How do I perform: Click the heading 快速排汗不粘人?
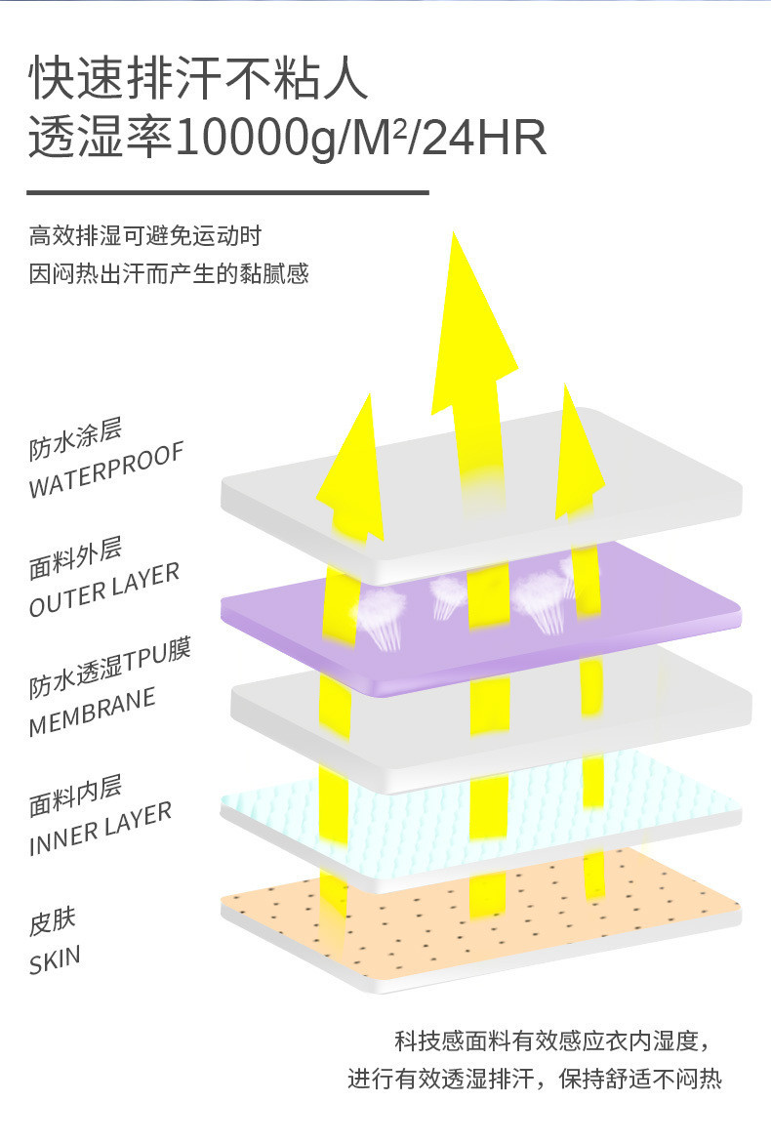pyautogui.click(x=199, y=79)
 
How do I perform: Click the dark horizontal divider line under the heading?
pyautogui.click(x=227, y=193)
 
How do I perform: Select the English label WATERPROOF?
pyautogui.click(x=106, y=471)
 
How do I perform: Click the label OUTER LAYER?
pyautogui.click(x=104, y=591)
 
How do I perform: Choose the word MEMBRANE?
pyautogui.click(x=93, y=714)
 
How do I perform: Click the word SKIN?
pyautogui.click(x=55, y=960)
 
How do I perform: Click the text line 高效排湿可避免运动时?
pyautogui.click(x=145, y=236)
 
